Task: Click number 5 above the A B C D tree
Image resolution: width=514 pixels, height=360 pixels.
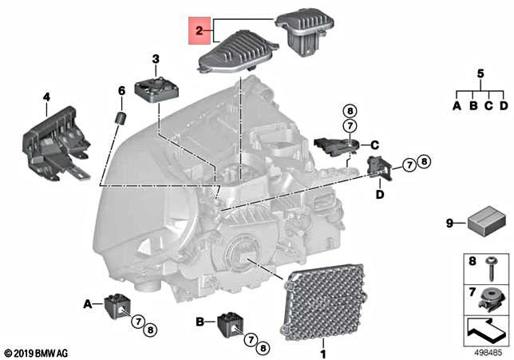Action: click(x=480, y=73)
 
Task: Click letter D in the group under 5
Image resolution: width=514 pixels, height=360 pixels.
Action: click(x=503, y=105)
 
